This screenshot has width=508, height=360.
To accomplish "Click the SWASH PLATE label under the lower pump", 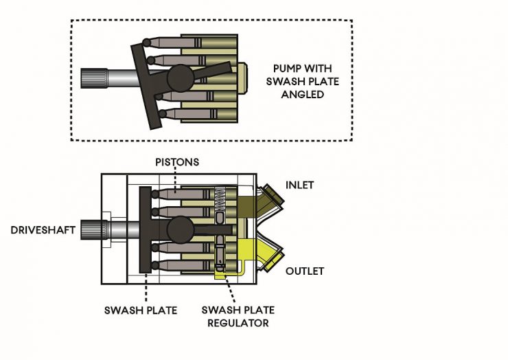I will click(141, 311).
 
